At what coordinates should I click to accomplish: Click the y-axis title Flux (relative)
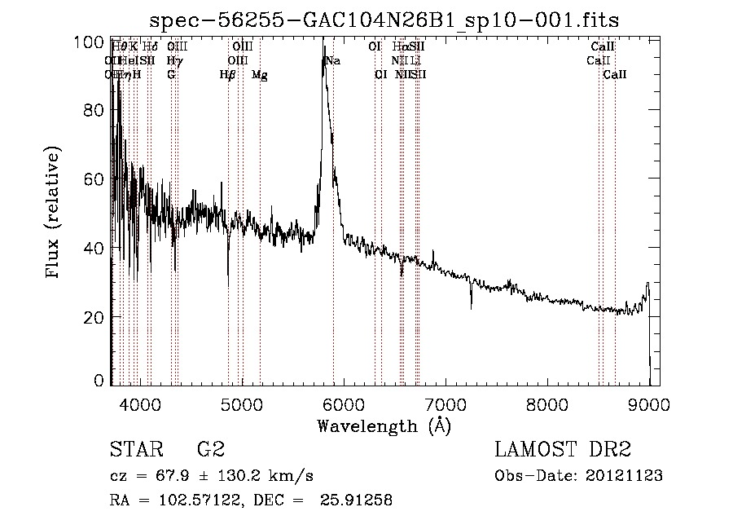coord(54,214)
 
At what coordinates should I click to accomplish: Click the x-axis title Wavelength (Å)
coord(384,425)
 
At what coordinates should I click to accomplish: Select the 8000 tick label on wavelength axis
coord(546,403)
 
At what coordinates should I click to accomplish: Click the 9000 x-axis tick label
coord(648,403)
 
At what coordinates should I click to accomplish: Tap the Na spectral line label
coord(333,61)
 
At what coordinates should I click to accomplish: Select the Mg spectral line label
coord(259,75)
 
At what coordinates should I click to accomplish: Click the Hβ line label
coord(227,75)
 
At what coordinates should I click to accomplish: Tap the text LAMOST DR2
coord(563,450)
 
